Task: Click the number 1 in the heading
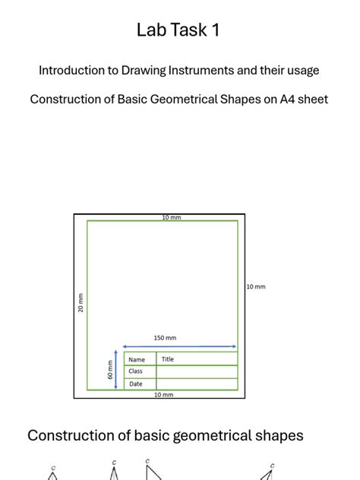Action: [216, 30]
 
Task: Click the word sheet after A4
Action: [311, 99]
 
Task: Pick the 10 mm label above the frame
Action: [171, 217]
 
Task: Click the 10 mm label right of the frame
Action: [256, 286]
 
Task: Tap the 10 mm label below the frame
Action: [164, 395]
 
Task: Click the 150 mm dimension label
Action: [165, 338]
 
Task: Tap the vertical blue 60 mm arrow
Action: [115, 370]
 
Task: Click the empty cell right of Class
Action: [197, 371]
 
